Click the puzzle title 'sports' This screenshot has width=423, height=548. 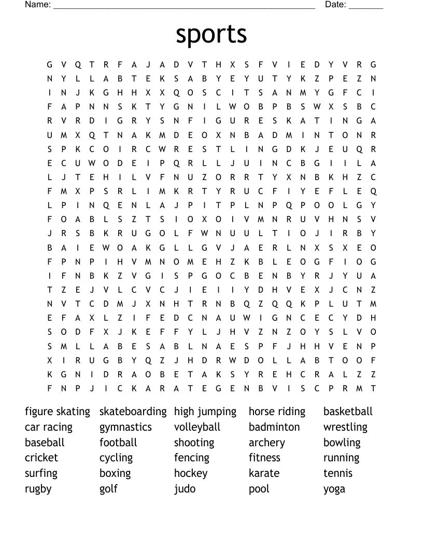[211, 34]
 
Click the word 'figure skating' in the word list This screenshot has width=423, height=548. [57, 412]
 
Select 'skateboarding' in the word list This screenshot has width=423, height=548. [133, 412]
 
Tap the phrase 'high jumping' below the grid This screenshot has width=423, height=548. [205, 412]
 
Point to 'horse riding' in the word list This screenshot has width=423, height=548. [277, 412]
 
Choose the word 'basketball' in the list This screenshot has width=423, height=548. [348, 412]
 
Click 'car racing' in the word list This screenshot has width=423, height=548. [48, 428]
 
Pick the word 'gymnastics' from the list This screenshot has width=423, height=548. [125, 428]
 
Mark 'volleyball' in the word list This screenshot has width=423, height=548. [197, 428]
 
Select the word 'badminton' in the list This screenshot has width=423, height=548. [274, 428]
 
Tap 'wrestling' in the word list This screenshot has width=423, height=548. [345, 428]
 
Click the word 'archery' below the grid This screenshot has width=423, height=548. [266, 443]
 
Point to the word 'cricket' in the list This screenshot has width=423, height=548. [41, 458]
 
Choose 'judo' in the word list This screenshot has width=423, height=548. [185, 489]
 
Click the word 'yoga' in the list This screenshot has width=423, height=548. [334, 489]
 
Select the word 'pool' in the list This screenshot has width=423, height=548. [259, 489]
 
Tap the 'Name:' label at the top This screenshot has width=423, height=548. [38, 5]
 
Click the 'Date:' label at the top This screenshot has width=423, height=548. [335, 5]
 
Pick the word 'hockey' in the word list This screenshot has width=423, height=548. [191, 474]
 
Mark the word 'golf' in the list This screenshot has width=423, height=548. [108, 489]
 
